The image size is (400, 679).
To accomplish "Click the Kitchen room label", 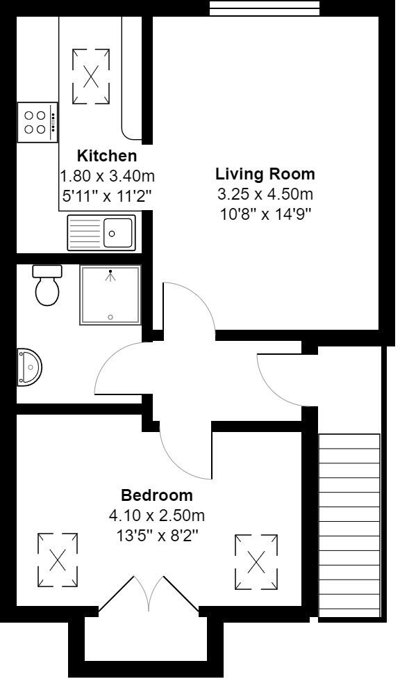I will (106, 156).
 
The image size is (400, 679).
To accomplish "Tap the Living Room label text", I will (265, 174).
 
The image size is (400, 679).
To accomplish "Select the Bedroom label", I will (157, 496).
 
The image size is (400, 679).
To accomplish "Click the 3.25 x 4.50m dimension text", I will (265, 194).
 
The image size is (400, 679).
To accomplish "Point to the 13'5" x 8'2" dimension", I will (157, 536).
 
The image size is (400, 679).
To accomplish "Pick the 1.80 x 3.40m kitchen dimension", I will (106, 177).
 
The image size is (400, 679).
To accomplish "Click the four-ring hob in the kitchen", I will (36, 122).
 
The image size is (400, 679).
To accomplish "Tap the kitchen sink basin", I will (119, 231).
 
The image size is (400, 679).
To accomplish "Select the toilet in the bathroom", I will (47, 286).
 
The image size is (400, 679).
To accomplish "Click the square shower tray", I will (110, 296).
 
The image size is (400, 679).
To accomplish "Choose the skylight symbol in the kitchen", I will (90, 76).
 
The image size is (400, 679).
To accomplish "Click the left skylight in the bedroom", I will (58, 559).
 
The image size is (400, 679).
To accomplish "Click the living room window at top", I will (265, 8).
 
